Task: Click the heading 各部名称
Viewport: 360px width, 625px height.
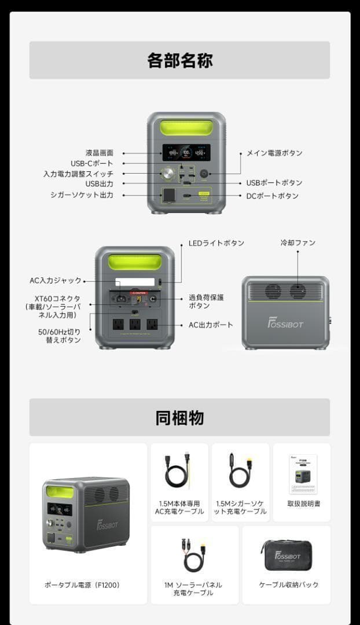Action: [179, 61]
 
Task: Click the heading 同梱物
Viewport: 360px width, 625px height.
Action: [179, 418]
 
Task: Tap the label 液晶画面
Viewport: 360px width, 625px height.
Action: [100, 153]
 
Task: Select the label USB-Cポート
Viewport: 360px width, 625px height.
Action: [92, 163]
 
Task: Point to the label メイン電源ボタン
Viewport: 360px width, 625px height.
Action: [274, 153]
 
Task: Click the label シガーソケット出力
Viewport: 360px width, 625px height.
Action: [82, 195]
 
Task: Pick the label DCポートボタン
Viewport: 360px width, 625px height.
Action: [273, 196]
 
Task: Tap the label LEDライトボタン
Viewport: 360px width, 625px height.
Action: [216, 243]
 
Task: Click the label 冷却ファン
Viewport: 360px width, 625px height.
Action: [298, 242]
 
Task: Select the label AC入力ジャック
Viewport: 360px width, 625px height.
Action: [56, 281]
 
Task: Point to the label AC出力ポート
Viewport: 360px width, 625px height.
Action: [211, 325]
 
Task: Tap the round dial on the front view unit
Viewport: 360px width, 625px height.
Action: [168, 173]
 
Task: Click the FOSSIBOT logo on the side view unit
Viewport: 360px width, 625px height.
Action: [285, 323]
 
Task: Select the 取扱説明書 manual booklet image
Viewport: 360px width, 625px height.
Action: [303, 474]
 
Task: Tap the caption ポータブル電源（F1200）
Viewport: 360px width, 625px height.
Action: [82, 585]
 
